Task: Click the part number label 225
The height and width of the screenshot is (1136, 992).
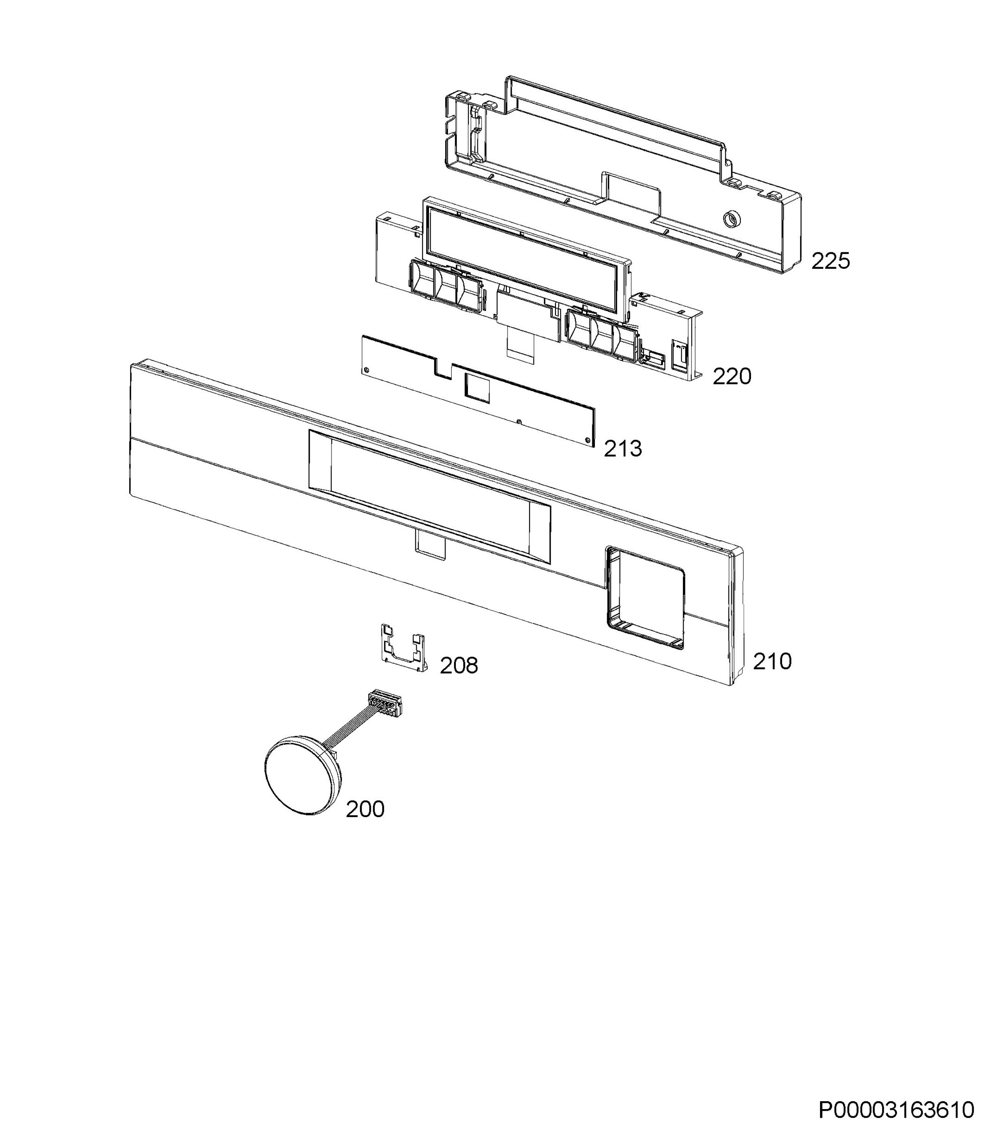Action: pos(830,261)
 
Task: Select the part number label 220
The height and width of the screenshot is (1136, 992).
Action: pos(732,377)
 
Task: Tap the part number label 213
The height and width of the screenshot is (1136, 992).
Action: pos(623,449)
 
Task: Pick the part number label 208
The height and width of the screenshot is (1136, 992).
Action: pos(459,666)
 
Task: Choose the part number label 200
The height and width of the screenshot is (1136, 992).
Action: pos(365,809)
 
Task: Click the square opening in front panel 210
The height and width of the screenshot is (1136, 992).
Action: pos(646,598)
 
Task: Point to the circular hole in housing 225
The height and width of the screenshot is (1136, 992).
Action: pos(731,219)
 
